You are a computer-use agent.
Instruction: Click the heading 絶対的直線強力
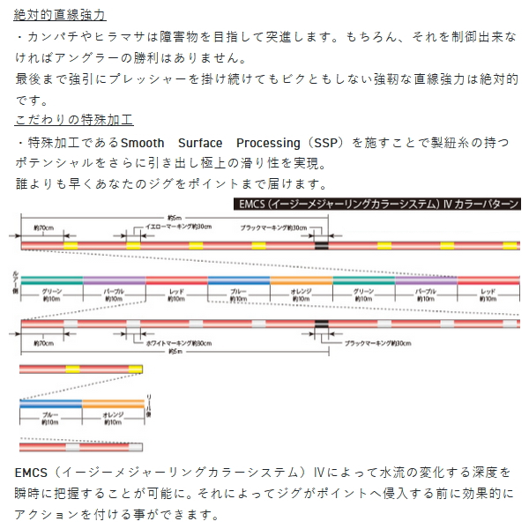click(x=61, y=15)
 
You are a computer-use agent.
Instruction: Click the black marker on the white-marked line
click(x=321, y=325)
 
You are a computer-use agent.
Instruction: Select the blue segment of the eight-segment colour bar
click(x=239, y=280)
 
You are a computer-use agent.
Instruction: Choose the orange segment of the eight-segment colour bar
click(x=302, y=280)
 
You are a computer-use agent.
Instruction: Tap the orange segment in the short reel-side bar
click(x=113, y=403)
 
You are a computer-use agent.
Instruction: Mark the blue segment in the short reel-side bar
click(x=50, y=403)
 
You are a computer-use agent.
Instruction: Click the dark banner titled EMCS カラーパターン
click(x=379, y=204)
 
